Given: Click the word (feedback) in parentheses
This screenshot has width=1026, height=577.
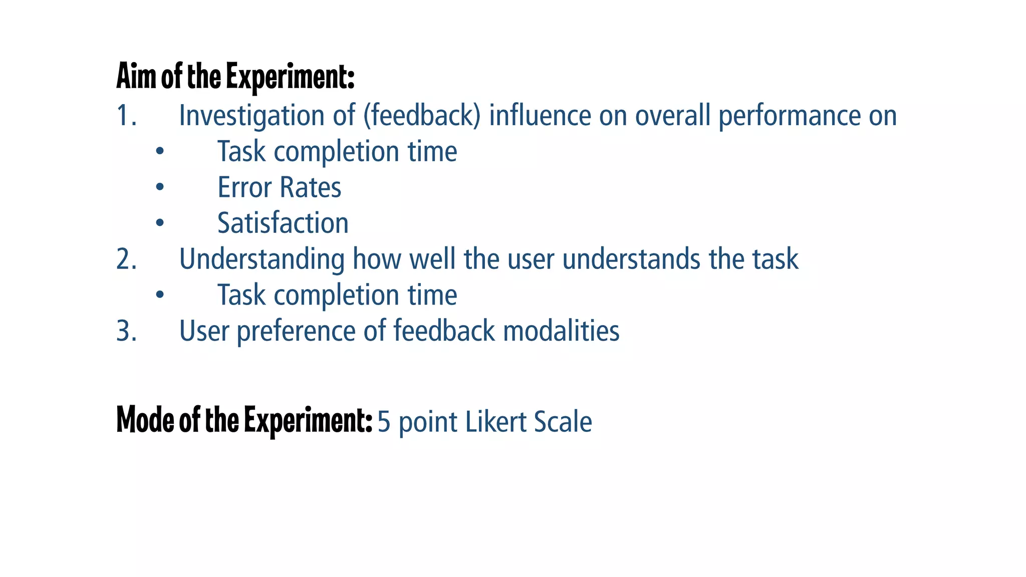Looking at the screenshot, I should pyautogui.click(x=422, y=116).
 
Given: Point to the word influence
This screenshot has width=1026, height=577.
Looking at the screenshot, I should pyautogui.click(x=540, y=116).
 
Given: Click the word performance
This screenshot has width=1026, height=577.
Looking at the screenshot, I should pyautogui.click(x=789, y=116).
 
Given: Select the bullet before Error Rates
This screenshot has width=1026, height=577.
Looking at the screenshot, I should pyautogui.click(x=160, y=187).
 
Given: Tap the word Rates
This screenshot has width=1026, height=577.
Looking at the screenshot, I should pyautogui.click(x=310, y=187).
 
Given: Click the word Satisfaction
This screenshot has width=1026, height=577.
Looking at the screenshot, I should pyautogui.click(x=283, y=223).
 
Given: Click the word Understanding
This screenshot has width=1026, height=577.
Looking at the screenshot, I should pyautogui.click(x=262, y=259).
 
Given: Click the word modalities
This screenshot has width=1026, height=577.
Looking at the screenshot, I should pyautogui.click(x=561, y=331).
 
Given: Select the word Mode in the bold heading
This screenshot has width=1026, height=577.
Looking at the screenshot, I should pyautogui.click(x=145, y=420).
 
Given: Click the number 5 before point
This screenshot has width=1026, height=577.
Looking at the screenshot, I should pyautogui.click(x=384, y=422).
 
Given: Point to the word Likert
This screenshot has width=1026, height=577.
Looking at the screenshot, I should pyautogui.click(x=496, y=422).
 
